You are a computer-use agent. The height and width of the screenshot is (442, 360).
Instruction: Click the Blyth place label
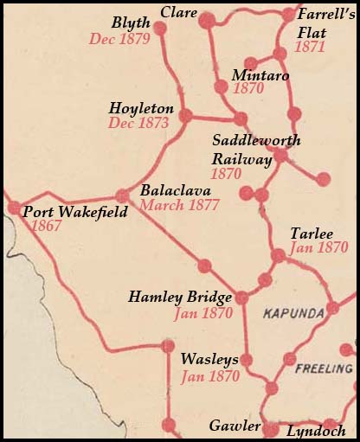pyautogui.click(x=131, y=23)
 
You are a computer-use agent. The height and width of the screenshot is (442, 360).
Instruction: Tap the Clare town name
pyautogui.click(x=178, y=13)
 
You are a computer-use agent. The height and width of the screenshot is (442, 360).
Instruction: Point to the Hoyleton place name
pyautogui.click(x=141, y=109)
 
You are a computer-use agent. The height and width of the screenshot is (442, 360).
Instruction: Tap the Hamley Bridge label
pyautogui.click(x=180, y=298)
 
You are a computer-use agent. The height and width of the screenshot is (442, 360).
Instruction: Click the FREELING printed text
pyautogui.click(x=321, y=368)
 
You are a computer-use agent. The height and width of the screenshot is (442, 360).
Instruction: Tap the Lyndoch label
pyautogui.click(x=316, y=430)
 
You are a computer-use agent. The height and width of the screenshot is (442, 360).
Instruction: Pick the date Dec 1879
pyautogui.click(x=120, y=39)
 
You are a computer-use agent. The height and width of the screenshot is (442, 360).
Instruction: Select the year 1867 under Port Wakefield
pyautogui.click(x=46, y=225)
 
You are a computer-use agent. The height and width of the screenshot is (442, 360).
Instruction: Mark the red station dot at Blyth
pyautogui.click(x=159, y=29)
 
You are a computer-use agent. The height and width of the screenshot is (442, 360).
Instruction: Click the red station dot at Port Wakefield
pyautogui.click(x=14, y=208)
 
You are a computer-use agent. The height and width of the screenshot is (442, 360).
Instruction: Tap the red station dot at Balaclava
pyautogui.click(x=122, y=196)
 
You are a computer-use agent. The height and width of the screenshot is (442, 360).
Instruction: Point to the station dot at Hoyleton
pyautogui.click(x=184, y=114)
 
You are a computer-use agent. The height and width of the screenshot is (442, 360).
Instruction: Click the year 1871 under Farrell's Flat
pyautogui.click(x=309, y=47)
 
